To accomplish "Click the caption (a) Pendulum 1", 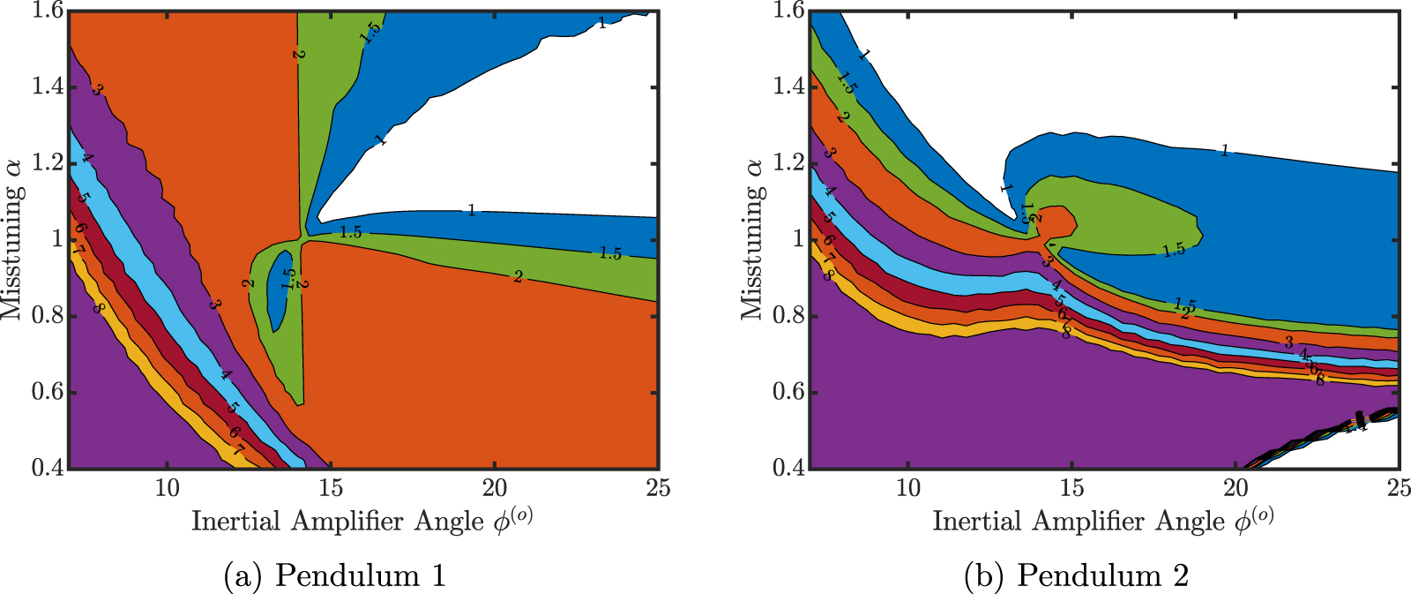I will coord(335,575).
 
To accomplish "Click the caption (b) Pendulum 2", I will coord(1077,575).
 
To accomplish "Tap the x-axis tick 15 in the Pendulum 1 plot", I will coord(331,488).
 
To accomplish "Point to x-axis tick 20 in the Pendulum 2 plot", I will coord(1236,488).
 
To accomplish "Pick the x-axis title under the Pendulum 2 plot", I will coord(1102,521).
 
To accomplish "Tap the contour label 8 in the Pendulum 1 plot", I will coord(100,308).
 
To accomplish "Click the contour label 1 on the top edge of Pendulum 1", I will coord(602,24).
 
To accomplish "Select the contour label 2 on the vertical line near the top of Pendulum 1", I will coord(298,55).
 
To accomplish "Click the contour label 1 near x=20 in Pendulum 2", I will coord(1224,151).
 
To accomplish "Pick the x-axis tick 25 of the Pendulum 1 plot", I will coord(658,488).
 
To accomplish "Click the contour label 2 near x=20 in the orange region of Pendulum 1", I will coord(518,277).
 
